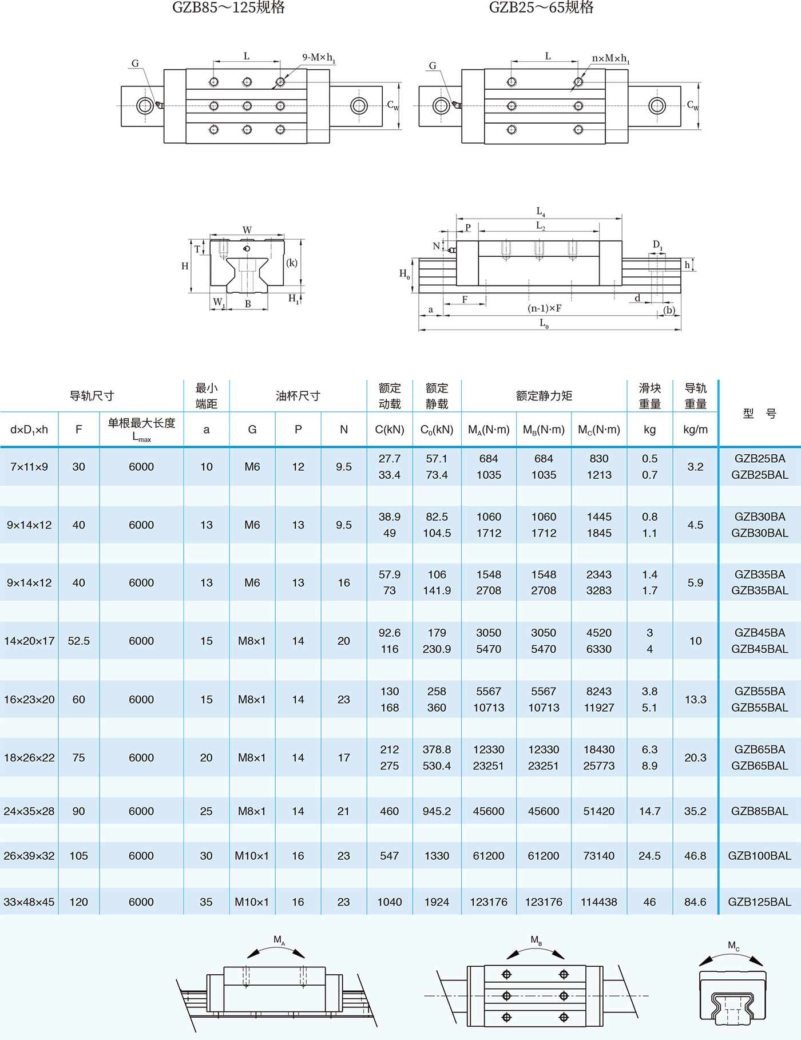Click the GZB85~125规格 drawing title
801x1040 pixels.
point(228,7)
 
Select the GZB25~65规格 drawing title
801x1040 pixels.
point(541,7)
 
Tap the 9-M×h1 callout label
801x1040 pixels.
point(319,58)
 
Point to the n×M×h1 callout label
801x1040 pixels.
point(610,58)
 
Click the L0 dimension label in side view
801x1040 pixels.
point(544,324)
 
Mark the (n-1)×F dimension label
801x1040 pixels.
point(544,308)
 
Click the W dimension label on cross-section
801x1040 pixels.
point(247,230)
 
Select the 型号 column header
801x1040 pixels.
point(759,413)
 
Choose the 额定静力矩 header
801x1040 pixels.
point(544,396)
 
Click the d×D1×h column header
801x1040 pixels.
point(29,430)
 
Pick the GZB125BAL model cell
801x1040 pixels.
point(759,902)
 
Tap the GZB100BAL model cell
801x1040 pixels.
point(759,856)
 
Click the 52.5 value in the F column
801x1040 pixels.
point(79,641)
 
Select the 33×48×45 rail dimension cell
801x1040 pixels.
point(29,902)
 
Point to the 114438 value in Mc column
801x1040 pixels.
point(598,902)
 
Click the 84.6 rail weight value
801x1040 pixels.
point(695,902)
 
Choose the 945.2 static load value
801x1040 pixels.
point(437,811)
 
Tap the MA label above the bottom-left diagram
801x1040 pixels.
point(279,939)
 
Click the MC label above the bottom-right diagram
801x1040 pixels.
point(733,946)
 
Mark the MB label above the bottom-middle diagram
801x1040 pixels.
point(536,940)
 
